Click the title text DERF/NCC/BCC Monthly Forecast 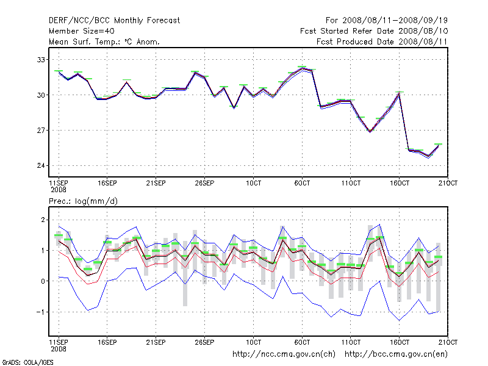pos(114,20)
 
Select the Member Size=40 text pos(81,31)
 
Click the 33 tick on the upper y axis pos(42,60)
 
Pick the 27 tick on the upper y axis pos(42,131)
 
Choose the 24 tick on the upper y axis pos(42,166)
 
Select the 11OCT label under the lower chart pos(351,340)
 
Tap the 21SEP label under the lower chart pos(156,340)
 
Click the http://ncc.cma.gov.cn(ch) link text pos(284,354)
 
